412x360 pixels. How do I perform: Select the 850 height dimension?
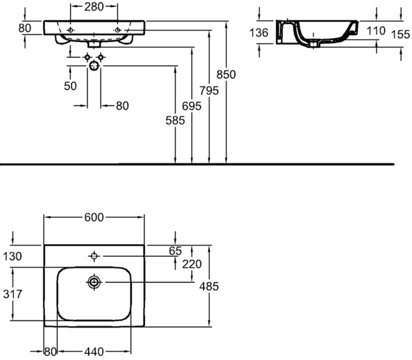pyautogui.click(x=226, y=75)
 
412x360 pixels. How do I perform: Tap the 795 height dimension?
pyautogui.click(x=209, y=90)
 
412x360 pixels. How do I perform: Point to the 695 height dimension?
pyautogui.click(x=192, y=106)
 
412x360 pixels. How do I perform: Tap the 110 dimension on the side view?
pyautogui.click(x=376, y=31)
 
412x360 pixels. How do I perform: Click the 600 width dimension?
pyautogui.click(x=94, y=217)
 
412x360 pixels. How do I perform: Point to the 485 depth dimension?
pyautogui.click(x=209, y=287)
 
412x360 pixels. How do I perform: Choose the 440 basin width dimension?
pyautogui.click(x=94, y=350)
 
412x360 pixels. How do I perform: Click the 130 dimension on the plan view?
pyautogui.click(x=13, y=256)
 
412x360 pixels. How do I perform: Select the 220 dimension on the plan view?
pyautogui.click(x=192, y=264)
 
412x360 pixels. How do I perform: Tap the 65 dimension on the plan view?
pyautogui.click(x=175, y=251)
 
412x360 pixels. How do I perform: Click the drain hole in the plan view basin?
pyautogui.click(x=94, y=282)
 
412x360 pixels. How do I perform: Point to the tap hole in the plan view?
pyautogui.click(x=94, y=256)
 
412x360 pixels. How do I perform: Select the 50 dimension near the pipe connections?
pyautogui.click(x=70, y=86)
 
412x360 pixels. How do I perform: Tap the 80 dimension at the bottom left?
pyautogui.click(x=51, y=350)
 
